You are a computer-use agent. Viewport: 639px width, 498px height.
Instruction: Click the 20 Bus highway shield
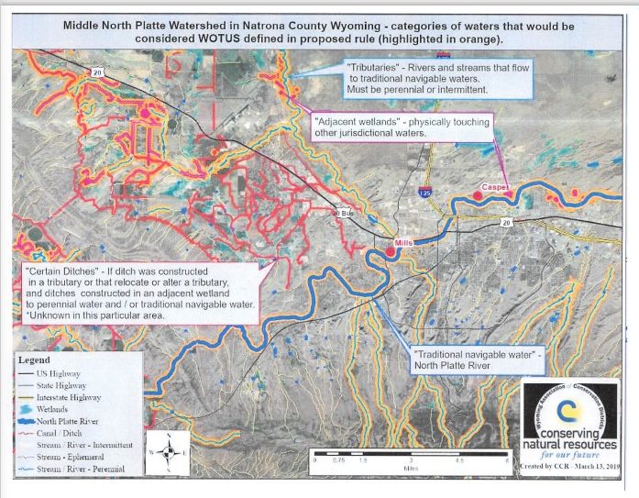tap(343, 213)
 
